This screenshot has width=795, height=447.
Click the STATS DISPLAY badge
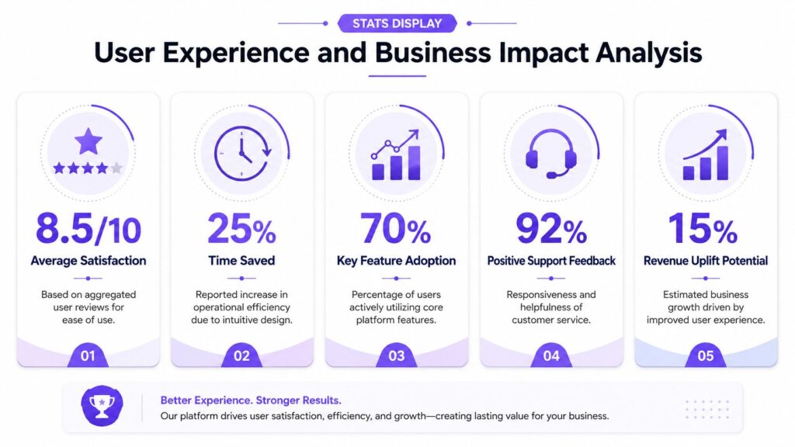click(x=397, y=23)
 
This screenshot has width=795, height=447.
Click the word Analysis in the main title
click(x=648, y=54)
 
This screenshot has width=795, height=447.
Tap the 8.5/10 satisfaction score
click(x=89, y=229)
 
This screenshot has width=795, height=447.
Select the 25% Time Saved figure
click(x=241, y=229)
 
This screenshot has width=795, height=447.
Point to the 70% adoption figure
click(x=395, y=229)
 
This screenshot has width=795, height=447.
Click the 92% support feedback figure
click(x=551, y=229)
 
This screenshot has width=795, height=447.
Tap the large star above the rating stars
click(x=89, y=141)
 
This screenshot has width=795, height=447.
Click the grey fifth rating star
click(x=116, y=168)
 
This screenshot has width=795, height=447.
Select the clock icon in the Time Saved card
click(x=242, y=153)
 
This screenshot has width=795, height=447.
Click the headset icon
click(x=550, y=154)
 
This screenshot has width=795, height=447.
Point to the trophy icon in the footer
click(x=102, y=405)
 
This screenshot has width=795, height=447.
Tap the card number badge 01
click(x=88, y=355)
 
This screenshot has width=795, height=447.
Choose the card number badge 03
click(x=397, y=355)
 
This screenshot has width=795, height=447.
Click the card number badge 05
click(x=705, y=355)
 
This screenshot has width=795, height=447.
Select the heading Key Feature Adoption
click(x=396, y=261)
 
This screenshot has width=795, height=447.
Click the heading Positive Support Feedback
click(x=551, y=261)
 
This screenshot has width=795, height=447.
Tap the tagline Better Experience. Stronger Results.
click(x=251, y=400)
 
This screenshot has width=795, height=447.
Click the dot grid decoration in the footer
click(x=707, y=410)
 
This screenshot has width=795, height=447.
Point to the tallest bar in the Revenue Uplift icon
click(x=723, y=163)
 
